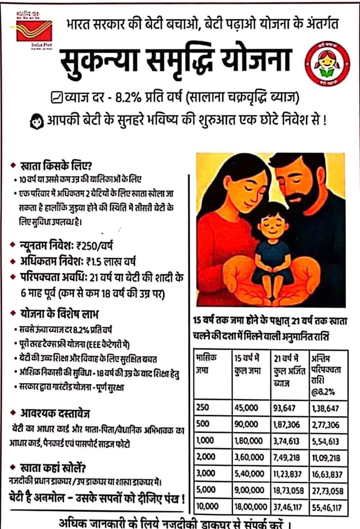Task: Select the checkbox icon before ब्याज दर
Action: click(57, 98)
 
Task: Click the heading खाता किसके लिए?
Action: click(56, 164)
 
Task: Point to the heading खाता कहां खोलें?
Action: click(53, 468)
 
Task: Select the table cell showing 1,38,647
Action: click(325, 408)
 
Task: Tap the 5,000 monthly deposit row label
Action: click(205, 490)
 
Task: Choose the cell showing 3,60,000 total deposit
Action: click(249, 457)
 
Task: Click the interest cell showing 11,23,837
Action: click(287, 474)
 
